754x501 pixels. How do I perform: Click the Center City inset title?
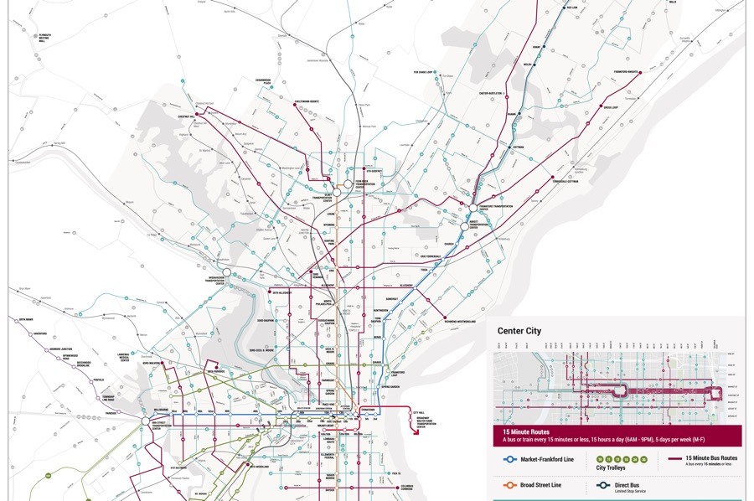click(519, 331)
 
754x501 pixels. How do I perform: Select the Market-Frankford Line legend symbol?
click(508, 459)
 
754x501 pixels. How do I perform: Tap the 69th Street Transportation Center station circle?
click(144, 421)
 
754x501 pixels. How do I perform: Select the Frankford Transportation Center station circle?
click(473, 208)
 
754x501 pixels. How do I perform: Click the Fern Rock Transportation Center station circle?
click(347, 183)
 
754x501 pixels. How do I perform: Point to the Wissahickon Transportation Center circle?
click(226, 272)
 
